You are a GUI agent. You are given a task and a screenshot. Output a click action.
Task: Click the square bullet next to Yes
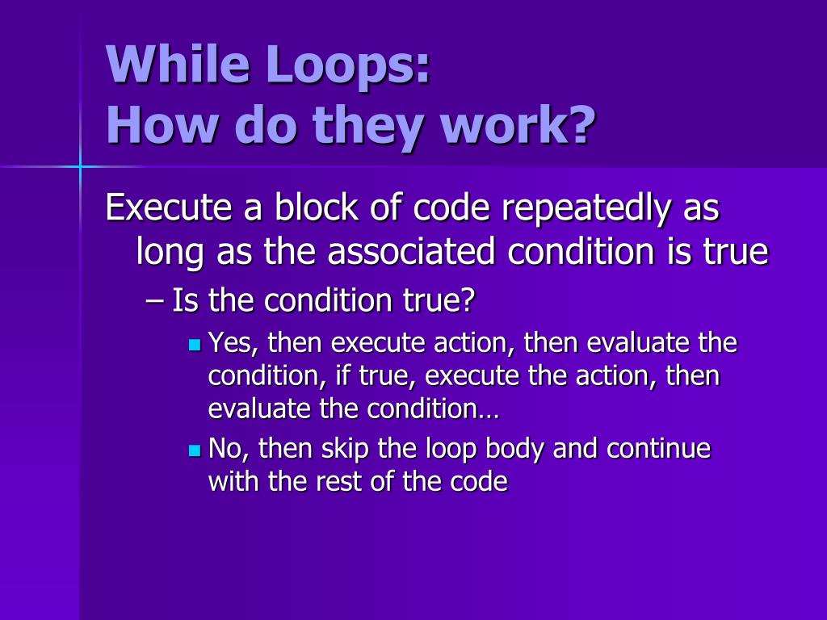pyautogui.click(x=194, y=345)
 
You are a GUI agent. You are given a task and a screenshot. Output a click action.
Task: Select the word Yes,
pyautogui.click(x=233, y=344)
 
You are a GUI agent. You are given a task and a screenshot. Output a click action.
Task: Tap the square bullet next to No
pyautogui.click(x=194, y=450)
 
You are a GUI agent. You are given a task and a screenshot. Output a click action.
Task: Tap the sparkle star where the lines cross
pyautogui.click(x=80, y=166)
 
